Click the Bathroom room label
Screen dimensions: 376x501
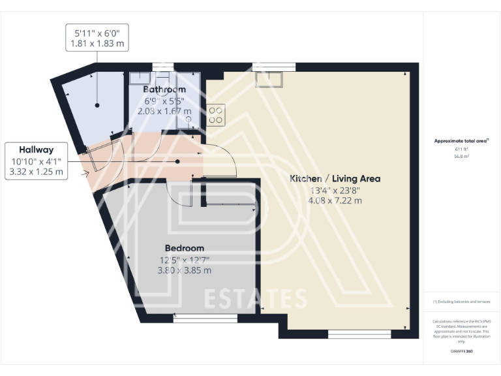[164, 89]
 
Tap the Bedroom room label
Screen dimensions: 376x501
[184, 248]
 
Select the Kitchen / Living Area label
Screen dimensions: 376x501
[335, 178]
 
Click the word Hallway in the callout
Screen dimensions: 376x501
[36, 149]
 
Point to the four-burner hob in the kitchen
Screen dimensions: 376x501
[216, 116]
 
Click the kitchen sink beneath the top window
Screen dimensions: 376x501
[268, 79]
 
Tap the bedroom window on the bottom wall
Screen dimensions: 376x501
[205, 318]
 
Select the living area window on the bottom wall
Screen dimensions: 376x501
[359, 334]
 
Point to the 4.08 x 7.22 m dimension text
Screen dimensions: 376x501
[335, 200]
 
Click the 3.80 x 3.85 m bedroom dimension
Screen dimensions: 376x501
[184, 270]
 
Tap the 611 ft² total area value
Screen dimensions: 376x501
[462, 149]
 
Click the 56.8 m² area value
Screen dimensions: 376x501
[462, 157]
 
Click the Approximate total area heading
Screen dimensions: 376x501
[462, 140]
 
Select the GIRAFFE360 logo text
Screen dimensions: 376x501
[461, 352]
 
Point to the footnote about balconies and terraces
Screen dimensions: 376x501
[461, 302]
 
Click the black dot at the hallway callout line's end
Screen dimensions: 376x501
[177, 161]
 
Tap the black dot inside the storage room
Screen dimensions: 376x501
[97, 104]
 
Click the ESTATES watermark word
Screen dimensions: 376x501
[256, 298]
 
